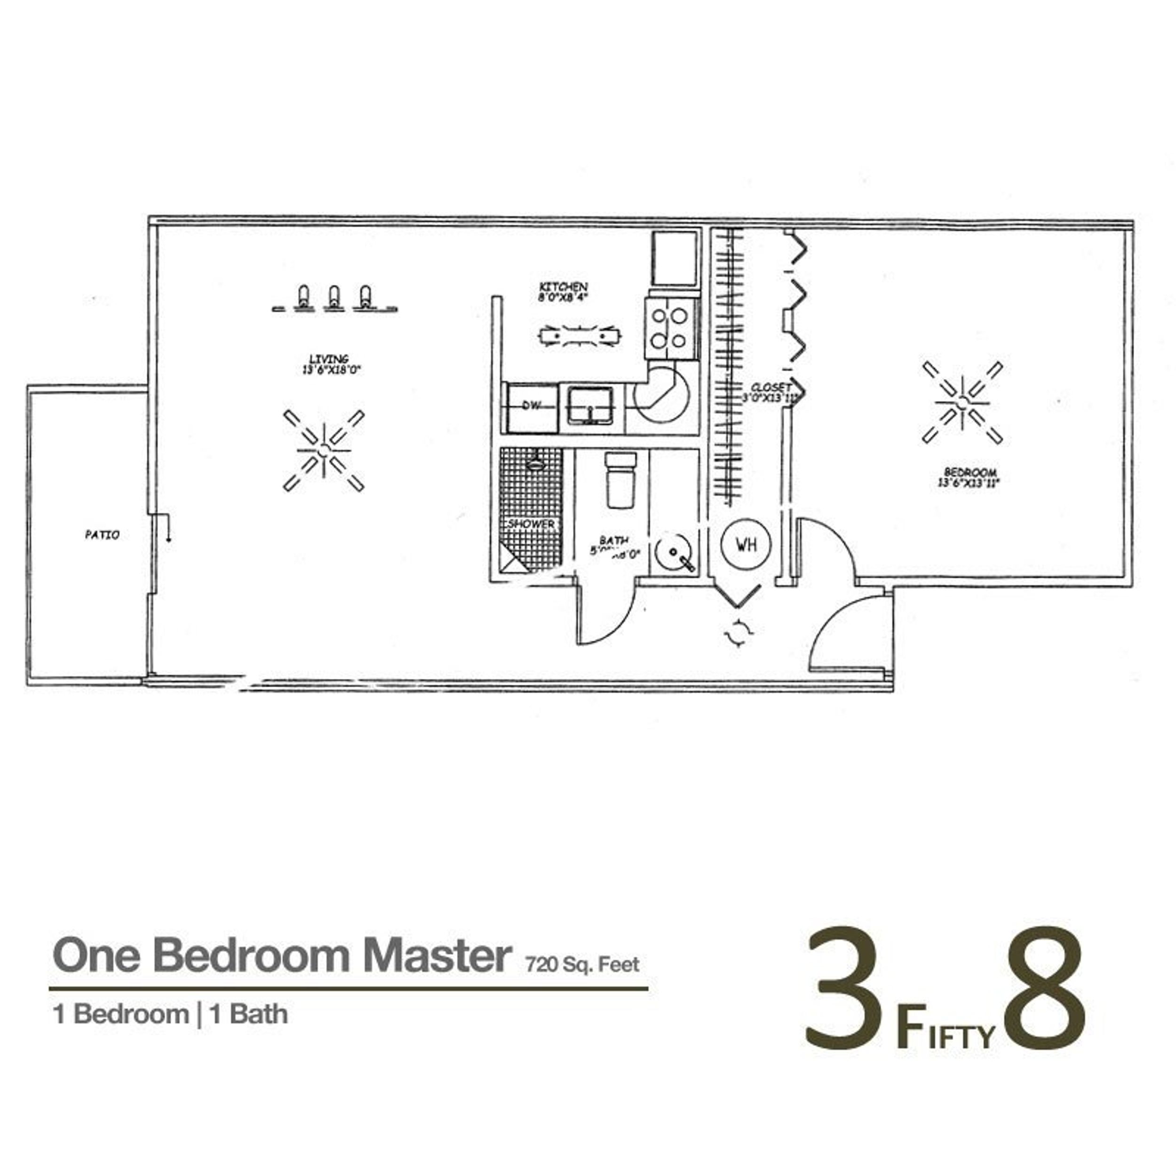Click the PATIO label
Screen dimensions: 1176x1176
pos(102,535)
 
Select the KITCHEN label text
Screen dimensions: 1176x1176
pos(563,292)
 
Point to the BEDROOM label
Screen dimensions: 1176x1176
pos(970,477)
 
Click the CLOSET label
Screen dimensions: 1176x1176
pos(771,392)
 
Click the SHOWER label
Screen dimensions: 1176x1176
pos(532,524)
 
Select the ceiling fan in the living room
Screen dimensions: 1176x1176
pos(323,451)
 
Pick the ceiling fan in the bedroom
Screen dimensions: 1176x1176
pos(962,402)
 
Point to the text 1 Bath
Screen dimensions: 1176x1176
pos(248,1015)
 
